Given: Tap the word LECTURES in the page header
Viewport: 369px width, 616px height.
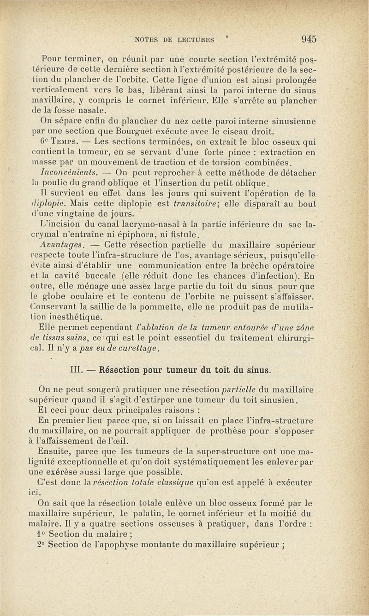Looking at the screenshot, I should pyautogui.click(x=198, y=40).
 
